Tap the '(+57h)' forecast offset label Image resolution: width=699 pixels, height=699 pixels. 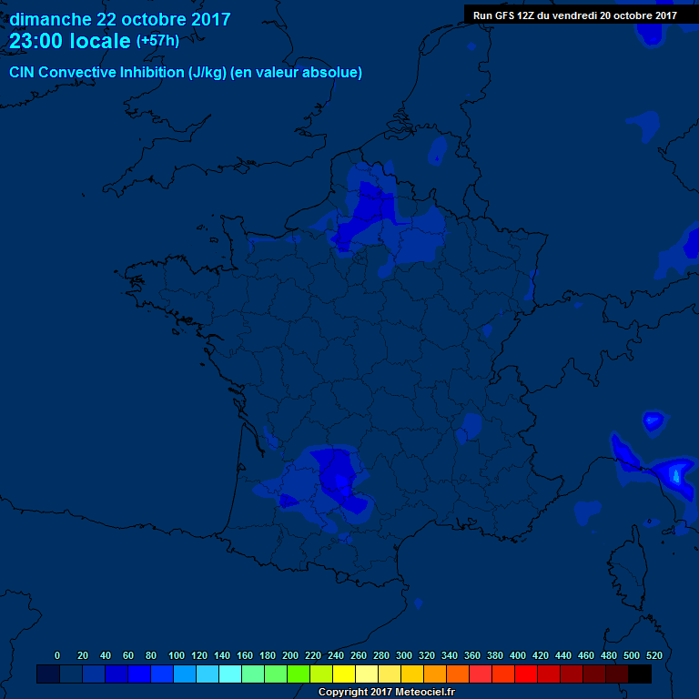[x=157, y=41]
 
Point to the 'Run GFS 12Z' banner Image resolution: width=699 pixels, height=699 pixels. [x=574, y=15]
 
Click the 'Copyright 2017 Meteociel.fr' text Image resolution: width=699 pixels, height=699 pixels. [x=386, y=692]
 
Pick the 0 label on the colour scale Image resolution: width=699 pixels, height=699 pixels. [x=57, y=655]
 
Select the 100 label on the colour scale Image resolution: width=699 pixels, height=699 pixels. [x=177, y=655]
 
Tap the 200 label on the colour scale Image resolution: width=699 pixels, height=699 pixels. [x=290, y=655]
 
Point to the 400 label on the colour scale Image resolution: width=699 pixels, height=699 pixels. [x=518, y=655]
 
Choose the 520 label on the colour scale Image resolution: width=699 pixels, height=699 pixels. [x=653, y=655]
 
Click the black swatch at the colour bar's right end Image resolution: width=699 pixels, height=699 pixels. [x=640, y=674]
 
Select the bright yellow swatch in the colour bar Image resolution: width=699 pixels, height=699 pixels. [x=344, y=674]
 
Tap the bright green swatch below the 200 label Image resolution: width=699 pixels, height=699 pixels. [x=299, y=674]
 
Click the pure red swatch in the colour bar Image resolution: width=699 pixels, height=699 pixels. [x=526, y=674]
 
